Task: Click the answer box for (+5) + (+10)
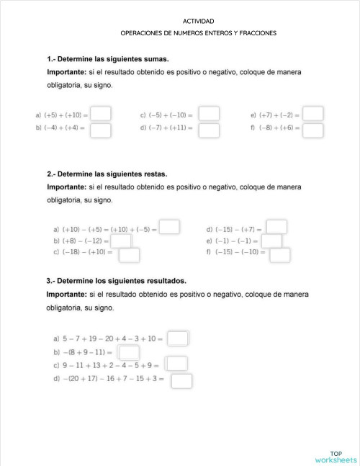101,114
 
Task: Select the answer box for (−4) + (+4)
101,130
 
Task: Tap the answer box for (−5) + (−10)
209,114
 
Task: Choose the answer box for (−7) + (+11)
209,130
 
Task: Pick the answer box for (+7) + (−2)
313,114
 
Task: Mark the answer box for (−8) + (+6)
313,130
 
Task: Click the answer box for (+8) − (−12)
121,241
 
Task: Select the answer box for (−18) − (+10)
130,254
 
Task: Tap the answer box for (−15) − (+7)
277,228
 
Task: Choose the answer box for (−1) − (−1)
271,241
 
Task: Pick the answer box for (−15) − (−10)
280,254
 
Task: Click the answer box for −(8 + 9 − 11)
129,353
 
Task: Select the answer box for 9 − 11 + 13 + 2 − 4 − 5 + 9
176,364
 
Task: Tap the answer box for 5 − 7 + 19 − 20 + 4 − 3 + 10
178,338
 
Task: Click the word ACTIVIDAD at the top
199,22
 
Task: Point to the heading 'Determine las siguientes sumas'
108,59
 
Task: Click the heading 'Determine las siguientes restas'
107,174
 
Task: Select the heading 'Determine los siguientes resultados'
116,281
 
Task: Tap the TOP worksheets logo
336,457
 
